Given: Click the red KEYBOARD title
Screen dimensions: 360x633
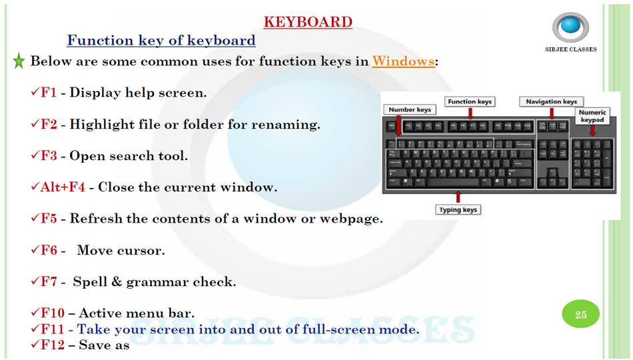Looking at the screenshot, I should (308, 22).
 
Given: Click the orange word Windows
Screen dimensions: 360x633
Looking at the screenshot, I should (403, 61).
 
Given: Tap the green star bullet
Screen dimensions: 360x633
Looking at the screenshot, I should (19, 61).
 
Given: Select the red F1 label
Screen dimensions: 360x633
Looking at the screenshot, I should (49, 93).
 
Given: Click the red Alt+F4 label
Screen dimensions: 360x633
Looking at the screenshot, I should (63, 187).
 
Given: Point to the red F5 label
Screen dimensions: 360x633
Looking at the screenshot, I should (49, 219).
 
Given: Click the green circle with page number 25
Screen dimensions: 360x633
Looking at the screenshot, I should (581, 315).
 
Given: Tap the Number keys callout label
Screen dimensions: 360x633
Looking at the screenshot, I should (410, 109).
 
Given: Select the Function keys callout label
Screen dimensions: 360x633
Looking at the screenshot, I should (470, 101).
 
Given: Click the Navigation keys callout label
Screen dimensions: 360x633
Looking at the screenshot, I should (551, 101).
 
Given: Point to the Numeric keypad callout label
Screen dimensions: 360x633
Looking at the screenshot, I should (592, 116).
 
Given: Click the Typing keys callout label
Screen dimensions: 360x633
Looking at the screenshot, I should (458, 209).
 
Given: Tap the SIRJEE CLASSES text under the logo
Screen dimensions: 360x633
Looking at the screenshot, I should (570, 49).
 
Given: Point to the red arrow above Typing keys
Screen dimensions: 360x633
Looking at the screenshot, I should (458, 197).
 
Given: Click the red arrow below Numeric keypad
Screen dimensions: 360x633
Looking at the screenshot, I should (592, 130).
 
